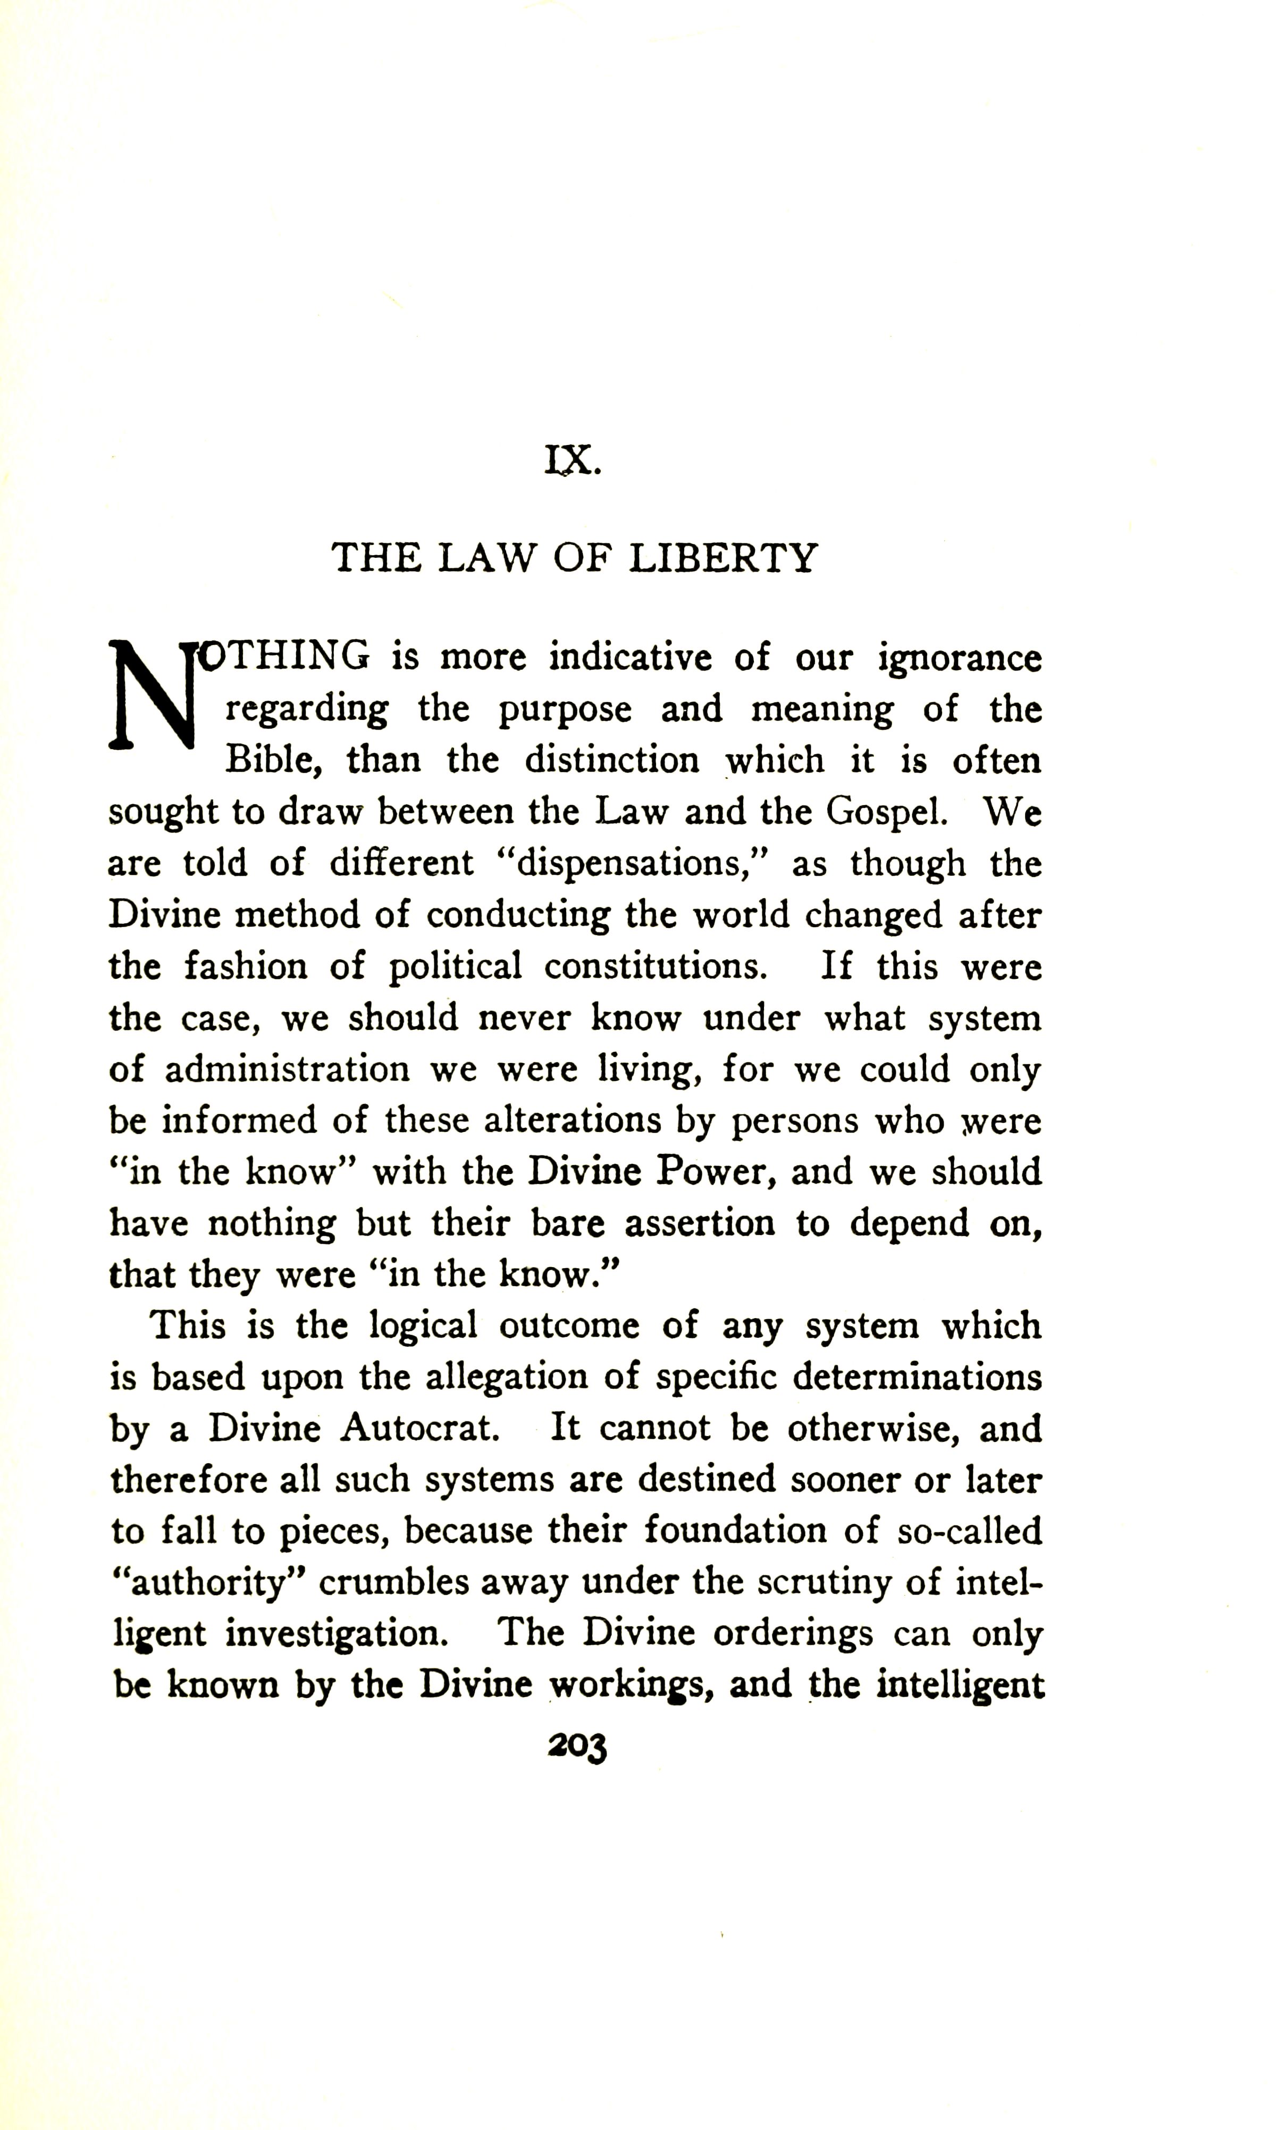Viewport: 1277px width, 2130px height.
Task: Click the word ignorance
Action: tap(960, 660)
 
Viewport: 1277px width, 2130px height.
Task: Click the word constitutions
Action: tap(656, 967)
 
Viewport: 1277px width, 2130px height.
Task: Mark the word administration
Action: tap(288, 1070)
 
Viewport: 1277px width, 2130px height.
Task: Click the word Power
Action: tap(712, 1172)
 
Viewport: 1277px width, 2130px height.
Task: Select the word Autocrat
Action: tap(420, 1429)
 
